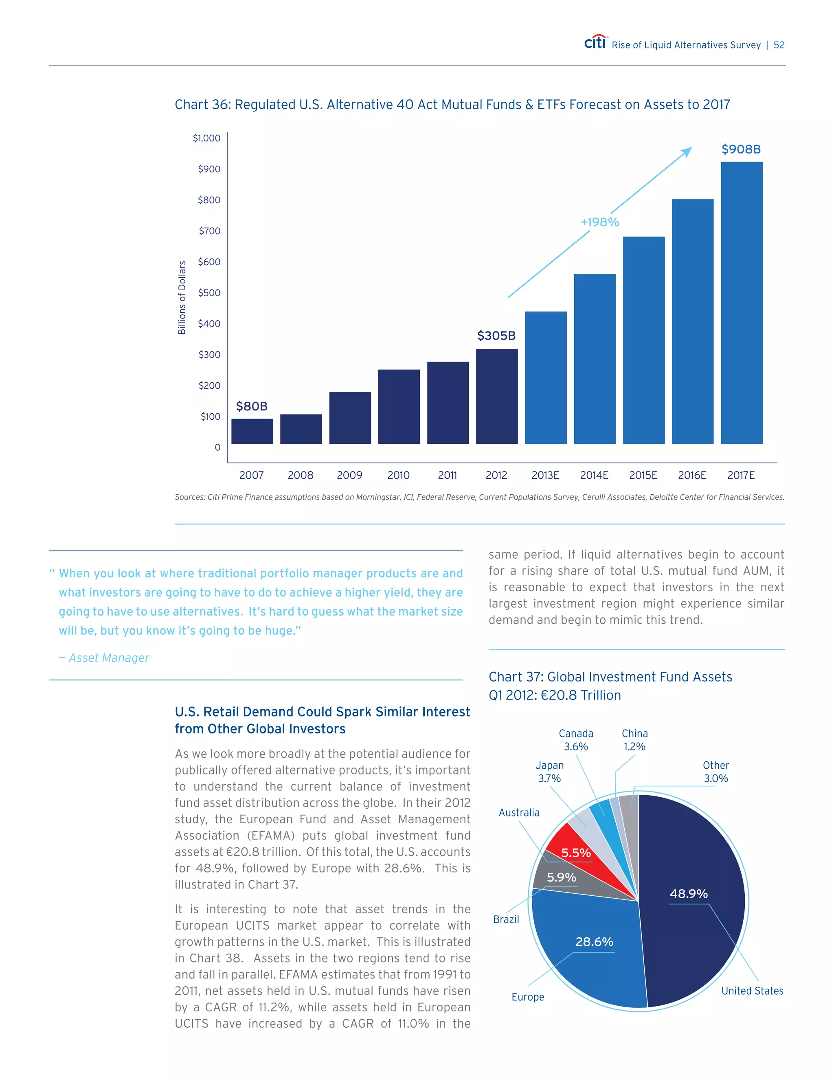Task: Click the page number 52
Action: coord(779,45)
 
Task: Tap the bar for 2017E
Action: coord(741,303)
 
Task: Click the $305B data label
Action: coord(496,336)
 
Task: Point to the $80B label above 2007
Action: coord(252,406)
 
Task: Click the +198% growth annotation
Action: coord(600,222)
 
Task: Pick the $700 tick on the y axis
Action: coord(209,231)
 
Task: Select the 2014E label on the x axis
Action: coord(594,475)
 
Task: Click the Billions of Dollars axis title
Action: coord(182,297)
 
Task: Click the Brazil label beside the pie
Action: coord(506,919)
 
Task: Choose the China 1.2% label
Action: coord(634,740)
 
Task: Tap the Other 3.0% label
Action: coord(715,772)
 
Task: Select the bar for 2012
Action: coord(496,396)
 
